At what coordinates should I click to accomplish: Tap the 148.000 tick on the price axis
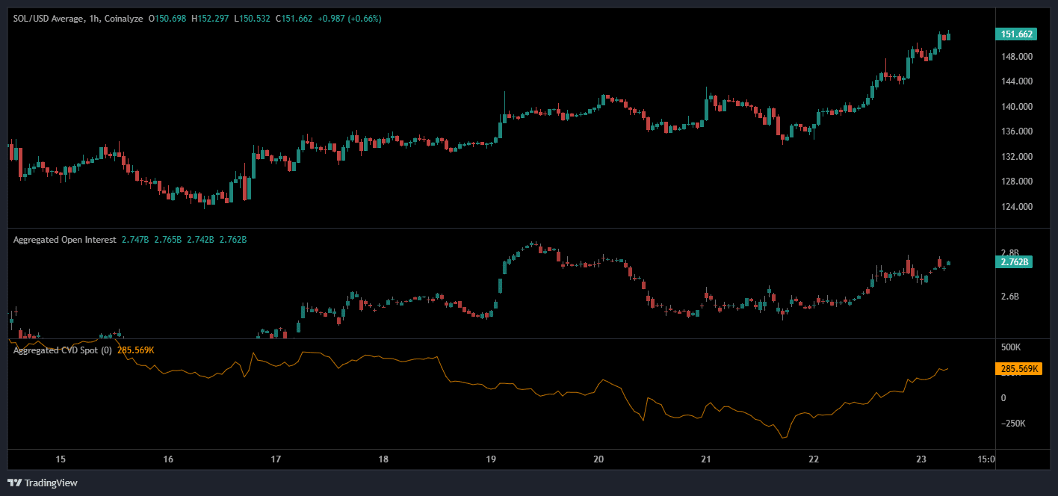click(1017, 57)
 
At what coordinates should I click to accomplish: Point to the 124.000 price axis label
click(1017, 207)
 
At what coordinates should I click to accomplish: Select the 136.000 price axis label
click(1017, 131)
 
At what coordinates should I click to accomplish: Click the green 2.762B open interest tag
click(1015, 262)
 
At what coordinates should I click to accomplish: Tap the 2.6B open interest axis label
click(1009, 297)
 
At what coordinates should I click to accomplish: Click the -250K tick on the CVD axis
click(1013, 424)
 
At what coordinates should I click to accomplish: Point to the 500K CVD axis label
click(1011, 348)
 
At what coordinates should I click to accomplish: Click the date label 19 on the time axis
click(491, 459)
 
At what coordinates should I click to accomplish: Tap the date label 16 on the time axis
click(168, 459)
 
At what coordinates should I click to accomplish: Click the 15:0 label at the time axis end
click(986, 459)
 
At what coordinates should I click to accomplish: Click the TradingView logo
click(43, 483)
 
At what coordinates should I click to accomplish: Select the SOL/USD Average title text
click(46, 19)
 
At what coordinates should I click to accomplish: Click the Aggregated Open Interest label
click(64, 240)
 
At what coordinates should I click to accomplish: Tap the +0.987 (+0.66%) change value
click(350, 19)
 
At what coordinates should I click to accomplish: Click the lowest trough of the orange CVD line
click(783, 438)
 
